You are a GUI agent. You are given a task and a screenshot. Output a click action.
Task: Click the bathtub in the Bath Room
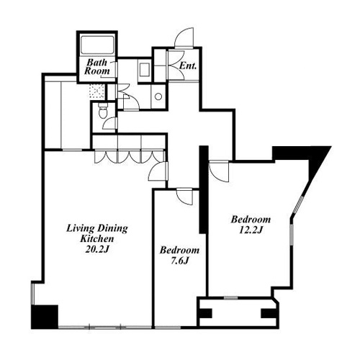[97, 45]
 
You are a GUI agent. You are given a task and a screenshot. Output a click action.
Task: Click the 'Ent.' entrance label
[188, 66]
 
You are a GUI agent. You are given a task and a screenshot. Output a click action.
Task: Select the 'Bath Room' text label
[97, 66]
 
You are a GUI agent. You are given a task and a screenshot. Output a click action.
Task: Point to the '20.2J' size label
[97, 250]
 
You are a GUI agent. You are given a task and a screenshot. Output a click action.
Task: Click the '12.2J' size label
[251, 230]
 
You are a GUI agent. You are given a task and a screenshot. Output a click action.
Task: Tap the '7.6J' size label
[179, 261]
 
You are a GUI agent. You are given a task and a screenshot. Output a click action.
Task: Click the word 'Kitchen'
[97, 239]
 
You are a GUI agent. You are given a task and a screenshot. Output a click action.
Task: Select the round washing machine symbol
[158, 96]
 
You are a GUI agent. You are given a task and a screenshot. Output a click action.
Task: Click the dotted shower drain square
[97, 91]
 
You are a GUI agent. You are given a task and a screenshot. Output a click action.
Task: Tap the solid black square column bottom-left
[45, 317]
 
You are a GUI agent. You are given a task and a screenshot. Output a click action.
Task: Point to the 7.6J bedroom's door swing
[184, 197]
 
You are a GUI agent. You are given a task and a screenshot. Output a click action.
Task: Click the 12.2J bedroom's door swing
[219, 172]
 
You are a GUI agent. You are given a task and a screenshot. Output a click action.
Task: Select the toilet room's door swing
[110, 123]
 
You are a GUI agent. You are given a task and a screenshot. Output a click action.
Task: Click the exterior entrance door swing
[184, 38]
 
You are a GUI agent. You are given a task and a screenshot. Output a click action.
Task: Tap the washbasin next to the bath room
[145, 69]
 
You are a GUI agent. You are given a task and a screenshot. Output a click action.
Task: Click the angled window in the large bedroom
[299, 204]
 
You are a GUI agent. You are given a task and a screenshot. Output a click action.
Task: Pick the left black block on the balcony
[206, 313]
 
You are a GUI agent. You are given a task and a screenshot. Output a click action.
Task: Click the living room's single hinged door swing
[158, 171]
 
